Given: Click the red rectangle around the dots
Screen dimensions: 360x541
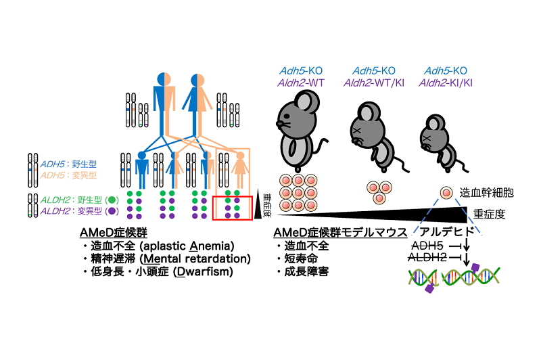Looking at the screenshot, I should click(233, 208).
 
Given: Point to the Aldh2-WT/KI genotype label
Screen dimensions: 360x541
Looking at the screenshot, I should click(374, 82).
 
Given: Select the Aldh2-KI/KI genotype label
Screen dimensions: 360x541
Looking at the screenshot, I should click(448, 82).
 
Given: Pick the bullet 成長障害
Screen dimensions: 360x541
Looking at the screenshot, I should click(306, 271).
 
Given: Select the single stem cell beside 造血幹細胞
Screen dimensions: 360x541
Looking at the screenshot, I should click(447, 193).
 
